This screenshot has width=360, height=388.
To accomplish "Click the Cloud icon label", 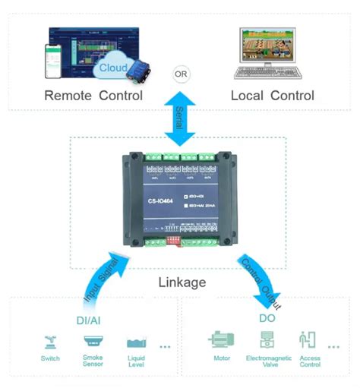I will click(x=113, y=69).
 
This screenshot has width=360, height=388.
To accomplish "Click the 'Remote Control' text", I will click(x=93, y=96).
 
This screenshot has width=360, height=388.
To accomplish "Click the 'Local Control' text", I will click(x=272, y=96).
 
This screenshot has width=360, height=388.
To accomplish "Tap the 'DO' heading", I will click(x=267, y=318).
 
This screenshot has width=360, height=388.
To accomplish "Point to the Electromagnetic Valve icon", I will click(x=266, y=339).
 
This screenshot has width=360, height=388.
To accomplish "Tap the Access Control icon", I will click(x=308, y=339).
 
